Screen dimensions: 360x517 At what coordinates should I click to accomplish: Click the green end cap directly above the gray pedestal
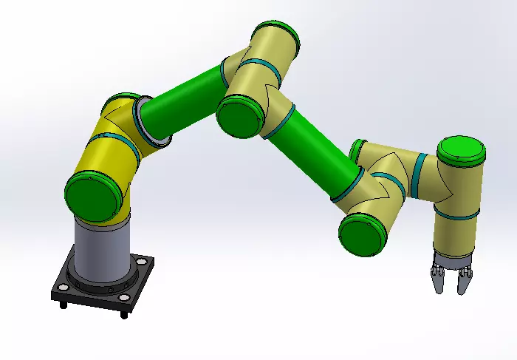tap(94, 195)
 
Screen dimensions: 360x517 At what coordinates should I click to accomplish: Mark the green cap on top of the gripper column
tap(461, 151)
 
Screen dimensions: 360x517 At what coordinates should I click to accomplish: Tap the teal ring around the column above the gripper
tap(456, 215)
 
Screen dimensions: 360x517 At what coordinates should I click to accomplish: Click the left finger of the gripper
tap(437, 281)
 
